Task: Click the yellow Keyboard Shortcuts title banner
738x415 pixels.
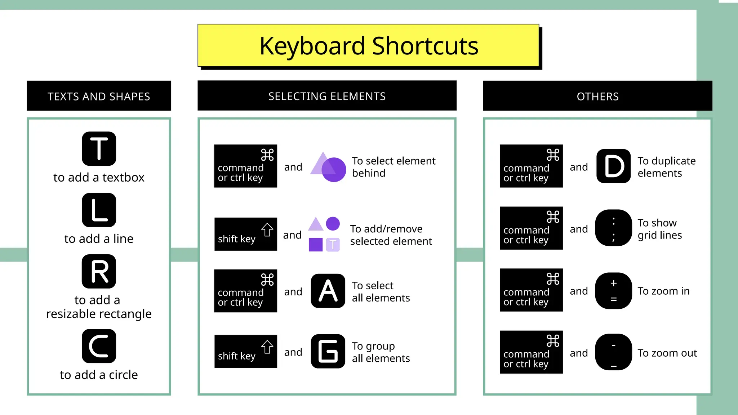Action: [x=368, y=45]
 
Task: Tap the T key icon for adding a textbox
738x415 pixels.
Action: [x=99, y=148]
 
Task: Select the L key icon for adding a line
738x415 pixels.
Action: [x=99, y=210]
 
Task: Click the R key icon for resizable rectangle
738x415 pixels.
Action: [x=99, y=271]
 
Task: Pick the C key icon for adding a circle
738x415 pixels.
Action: [x=99, y=346]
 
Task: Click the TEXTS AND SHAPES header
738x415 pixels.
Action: [x=99, y=96]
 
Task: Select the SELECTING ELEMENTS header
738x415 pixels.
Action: [x=327, y=96]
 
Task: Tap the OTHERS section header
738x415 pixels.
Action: [x=597, y=96]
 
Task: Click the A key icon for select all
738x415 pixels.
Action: [x=328, y=291]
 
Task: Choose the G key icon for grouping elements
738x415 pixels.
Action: [x=328, y=351]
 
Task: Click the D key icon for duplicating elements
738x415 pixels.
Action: [x=613, y=166]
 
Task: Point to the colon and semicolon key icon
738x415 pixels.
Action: [x=613, y=228]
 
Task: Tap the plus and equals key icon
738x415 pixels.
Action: [x=613, y=291]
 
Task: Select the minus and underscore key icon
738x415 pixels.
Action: [x=613, y=352]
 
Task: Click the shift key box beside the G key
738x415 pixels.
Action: [x=246, y=351]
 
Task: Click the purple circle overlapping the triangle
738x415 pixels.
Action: [x=334, y=169]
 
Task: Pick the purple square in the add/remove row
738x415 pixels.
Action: [x=316, y=245]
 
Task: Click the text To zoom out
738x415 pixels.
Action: [x=667, y=353]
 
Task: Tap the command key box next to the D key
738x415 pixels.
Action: [x=531, y=166]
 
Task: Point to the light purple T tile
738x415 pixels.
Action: [x=333, y=245]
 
